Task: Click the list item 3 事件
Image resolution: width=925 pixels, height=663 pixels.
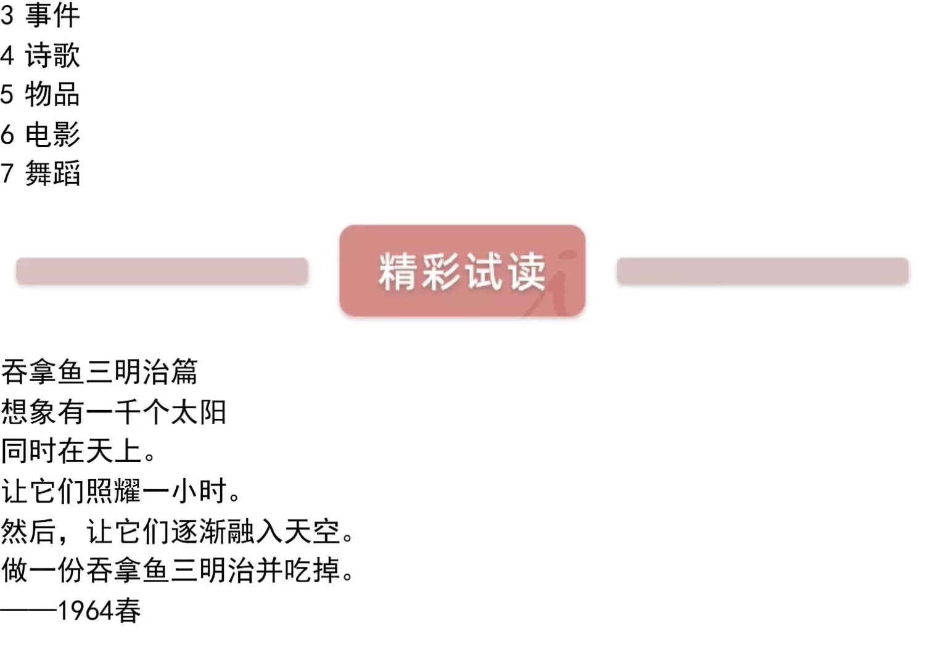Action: [x=40, y=15]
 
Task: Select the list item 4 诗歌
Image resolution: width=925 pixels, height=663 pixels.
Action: [x=40, y=56]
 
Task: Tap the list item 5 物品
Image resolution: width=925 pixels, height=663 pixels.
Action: [x=40, y=95]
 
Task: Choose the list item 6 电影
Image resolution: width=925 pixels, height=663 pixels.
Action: [x=40, y=134]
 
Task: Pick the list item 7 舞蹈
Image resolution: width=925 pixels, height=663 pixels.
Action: [x=40, y=174]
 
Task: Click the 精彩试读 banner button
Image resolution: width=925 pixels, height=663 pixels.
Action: [x=462, y=271]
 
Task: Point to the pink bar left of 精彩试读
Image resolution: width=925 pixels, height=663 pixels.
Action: [x=162, y=271]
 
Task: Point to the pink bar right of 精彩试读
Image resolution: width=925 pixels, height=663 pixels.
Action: [x=762, y=271]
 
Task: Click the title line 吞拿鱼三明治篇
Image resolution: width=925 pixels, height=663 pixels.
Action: [x=99, y=372]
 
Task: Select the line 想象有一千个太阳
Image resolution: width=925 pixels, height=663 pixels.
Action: [x=113, y=412]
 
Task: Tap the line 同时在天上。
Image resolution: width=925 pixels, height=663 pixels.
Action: [x=79, y=451]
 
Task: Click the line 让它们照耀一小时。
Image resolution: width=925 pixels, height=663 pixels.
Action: [x=121, y=492]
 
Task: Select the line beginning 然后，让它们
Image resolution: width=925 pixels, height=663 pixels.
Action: [x=178, y=531]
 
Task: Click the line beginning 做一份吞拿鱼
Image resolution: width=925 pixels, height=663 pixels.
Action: [x=178, y=570]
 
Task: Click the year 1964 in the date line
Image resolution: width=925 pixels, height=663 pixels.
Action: [x=85, y=611]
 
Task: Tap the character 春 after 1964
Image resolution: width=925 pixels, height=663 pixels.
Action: [x=127, y=611]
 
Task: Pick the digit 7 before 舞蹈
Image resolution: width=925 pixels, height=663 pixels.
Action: [x=7, y=174]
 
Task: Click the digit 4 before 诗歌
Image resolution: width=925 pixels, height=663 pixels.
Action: [x=7, y=56]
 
